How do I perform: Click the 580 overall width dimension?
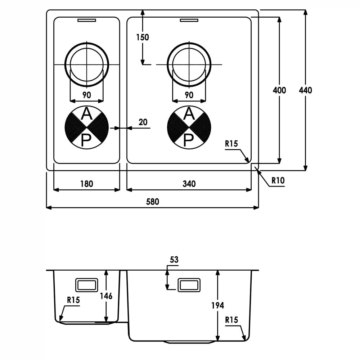click(x=152, y=202)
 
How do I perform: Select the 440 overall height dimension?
click(x=305, y=90)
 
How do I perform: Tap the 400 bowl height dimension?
click(x=279, y=90)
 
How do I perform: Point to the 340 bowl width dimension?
click(x=189, y=184)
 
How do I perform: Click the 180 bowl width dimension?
click(x=86, y=184)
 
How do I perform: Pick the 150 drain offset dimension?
click(x=142, y=37)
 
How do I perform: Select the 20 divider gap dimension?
click(x=143, y=122)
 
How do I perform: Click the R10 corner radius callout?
click(x=278, y=180)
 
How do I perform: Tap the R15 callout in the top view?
click(x=231, y=144)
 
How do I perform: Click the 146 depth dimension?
click(x=106, y=296)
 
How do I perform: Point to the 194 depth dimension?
click(x=217, y=305)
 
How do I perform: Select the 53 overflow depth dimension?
click(x=174, y=260)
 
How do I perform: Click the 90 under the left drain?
click(x=86, y=95)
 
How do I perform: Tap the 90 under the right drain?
click(x=189, y=95)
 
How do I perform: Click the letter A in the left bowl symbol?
click(x=86, y=114)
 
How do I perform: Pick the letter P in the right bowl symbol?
click(x=189, y=140)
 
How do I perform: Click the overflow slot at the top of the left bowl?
click(x=86, y=21)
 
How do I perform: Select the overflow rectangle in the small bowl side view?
click(x=86, y=285)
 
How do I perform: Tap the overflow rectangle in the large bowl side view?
click(x=189, y=285)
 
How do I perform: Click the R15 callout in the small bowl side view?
click(x=73, y=300)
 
